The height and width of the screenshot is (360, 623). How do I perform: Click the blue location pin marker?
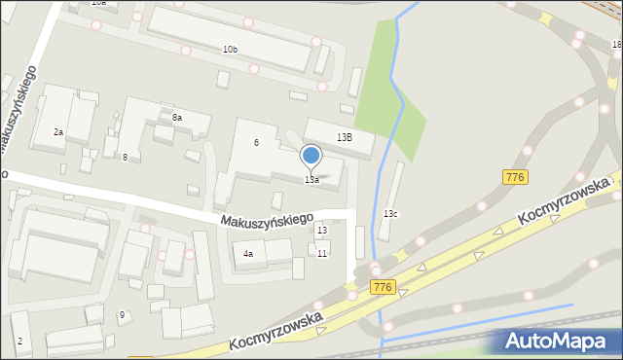pyautogui.click(x=311, y=156)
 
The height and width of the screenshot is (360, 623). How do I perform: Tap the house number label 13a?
pyautogui.click(x=311, y=180)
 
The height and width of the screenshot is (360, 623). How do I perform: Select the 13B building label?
pyautogui.click(x=344, y=138)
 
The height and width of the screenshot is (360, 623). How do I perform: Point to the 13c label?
pyautogui.click(x=390, y=213)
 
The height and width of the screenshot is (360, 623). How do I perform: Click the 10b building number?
pyautogui.click(x=230, y=50)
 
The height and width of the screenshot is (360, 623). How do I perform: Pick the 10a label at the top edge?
pyautogui.click(x=99, y=3)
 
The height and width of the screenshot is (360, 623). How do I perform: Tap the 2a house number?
pyautogui.click(x=58, y=132)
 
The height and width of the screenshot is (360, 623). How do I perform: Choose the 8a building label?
pyautogui.click(x=177, y=118)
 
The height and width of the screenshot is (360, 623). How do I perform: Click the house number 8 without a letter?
pyautogui.click(x=125, y=158)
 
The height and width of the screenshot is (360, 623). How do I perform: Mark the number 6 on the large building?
pyautogui.click(x=256, y=143)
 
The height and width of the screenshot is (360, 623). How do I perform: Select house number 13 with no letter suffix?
pyautogui.click(x=321, y=231)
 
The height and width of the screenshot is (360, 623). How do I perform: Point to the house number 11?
pyautogui.click(x=322, y=254)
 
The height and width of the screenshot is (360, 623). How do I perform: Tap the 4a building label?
pyautogui.click(x=248, y=255)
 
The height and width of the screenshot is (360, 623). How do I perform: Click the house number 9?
pyautogui.click(x=122, y=314)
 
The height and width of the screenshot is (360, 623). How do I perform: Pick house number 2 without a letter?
pyautogui.click(x=19, y=342)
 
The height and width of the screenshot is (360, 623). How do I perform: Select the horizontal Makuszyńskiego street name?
pyautogui.click(x=267, y=223)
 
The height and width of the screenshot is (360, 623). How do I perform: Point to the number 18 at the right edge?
pyautogui.click(x=617, y=45)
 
